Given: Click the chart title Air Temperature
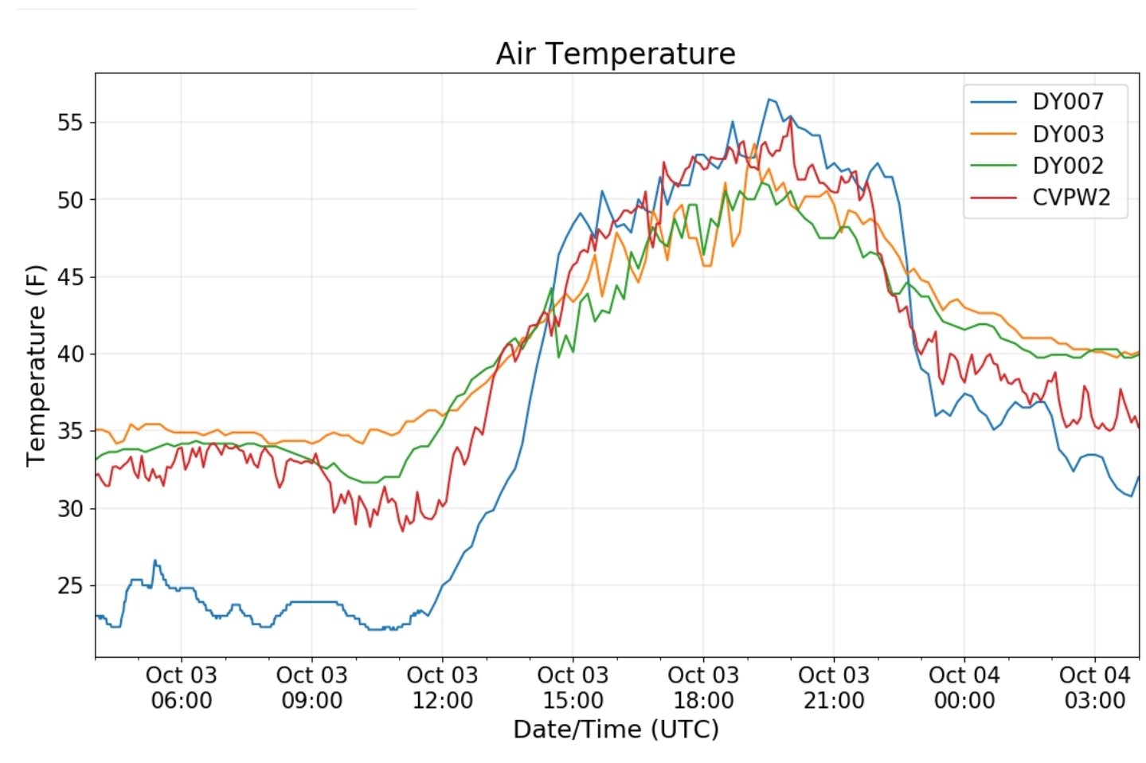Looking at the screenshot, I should (615, 54).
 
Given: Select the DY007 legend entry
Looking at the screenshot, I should (1067, 102).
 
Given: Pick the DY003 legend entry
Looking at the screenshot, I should (1067, 134).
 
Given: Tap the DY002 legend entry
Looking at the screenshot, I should (1067, 166).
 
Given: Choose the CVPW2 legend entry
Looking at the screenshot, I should (1070, 198).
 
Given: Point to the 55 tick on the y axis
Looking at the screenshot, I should (69, 123).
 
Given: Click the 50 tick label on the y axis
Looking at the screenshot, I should (69, 200).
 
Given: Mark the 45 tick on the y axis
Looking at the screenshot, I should (69, 277).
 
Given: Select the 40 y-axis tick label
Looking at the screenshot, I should (69, 354).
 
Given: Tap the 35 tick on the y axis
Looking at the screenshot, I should (69, 431).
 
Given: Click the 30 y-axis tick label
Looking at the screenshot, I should (69, 508).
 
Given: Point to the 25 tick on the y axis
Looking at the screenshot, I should (69, 585).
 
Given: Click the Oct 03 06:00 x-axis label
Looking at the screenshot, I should (181, 688).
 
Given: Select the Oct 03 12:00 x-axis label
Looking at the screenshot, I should (442, 688).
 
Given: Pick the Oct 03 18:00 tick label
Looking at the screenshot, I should (703, 688).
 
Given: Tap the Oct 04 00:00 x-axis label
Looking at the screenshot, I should (964, 688).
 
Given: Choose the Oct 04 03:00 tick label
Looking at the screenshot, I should (1094, 688).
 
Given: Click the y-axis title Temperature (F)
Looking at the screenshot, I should (36, 366).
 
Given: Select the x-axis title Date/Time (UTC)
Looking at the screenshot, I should (616, 730).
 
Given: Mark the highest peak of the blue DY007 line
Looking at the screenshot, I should (769, 100).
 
